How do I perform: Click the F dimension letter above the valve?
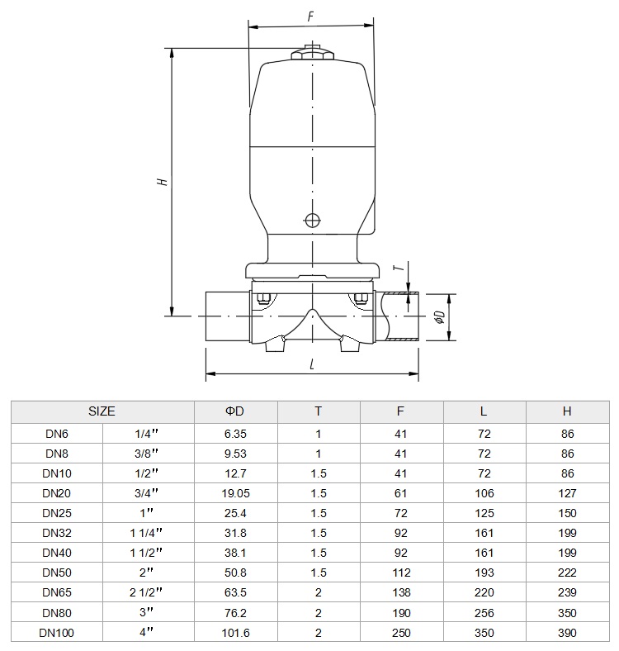point(311,17)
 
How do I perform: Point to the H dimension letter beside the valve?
point(163,182)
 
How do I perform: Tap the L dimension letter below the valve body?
point(312,364)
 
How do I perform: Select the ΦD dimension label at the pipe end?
point(440,316)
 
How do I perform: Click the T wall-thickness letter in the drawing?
point(399,268)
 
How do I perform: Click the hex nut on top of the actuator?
point(312,55)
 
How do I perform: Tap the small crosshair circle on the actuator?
point(312,220)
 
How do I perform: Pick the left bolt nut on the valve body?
point(263,298)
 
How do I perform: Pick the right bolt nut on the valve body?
point(361,298)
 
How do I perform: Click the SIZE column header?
point(102,411)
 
